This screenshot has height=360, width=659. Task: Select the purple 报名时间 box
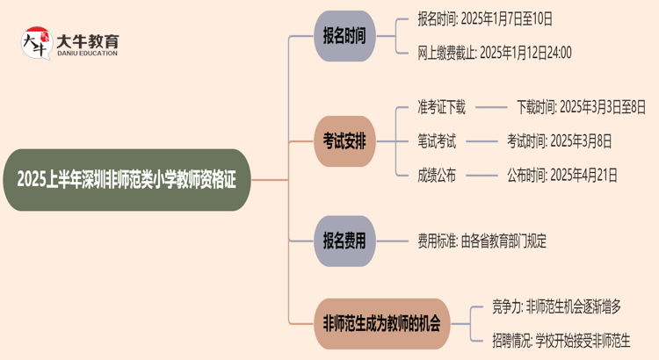pos(344,36)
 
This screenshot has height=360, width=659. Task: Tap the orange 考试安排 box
pos(344,140)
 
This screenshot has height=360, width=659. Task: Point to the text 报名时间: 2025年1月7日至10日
pos(486,19)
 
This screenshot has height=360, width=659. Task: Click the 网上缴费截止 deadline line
pos(495,53)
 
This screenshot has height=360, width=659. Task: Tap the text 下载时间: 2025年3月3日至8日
pos(581,108)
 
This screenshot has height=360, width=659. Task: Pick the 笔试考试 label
pos(437,140)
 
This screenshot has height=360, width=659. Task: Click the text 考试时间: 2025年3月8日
pos(559,140)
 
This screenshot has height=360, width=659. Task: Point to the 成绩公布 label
pos(437,174)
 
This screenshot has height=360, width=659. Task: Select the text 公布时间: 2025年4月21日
pos(561,174)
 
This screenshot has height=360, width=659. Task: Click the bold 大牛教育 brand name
pos(87,40)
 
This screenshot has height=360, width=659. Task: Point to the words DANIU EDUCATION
pos(87,54)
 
